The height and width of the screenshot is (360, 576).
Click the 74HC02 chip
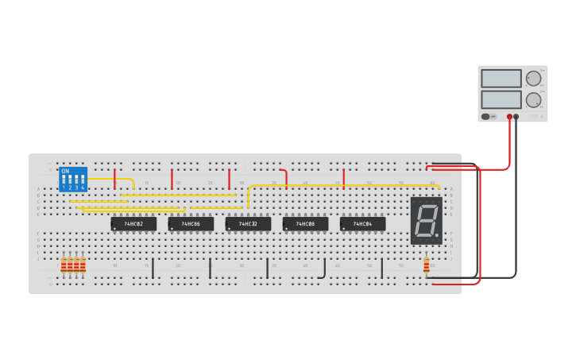[133, 224]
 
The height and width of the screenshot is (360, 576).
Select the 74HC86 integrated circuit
[191, 224]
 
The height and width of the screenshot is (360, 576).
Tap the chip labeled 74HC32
[248, 224]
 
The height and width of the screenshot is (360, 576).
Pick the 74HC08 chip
[305, 224]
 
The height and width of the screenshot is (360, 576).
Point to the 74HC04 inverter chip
[362, 224]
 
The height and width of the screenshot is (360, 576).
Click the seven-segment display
[426, 220]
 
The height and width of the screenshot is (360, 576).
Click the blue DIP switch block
[73, 179]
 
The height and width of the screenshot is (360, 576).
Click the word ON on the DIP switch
[65, 171]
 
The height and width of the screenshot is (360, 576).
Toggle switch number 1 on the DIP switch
[64, 181]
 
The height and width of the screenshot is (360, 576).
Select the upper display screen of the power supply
[501, 79]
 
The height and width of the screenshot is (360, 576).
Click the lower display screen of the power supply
[501, 99]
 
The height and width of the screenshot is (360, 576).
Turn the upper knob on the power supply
[533, 79]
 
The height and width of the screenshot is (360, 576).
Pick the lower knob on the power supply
[533, 100]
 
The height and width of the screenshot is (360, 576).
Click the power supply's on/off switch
[486, 116]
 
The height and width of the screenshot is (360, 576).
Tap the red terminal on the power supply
[509, 117]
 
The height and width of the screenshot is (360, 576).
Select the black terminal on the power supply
[516, 117]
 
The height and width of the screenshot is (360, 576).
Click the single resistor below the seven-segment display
[427, 265]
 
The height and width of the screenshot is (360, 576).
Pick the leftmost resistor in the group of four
[64, 265]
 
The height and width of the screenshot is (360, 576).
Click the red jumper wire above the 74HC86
[172, 179]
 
